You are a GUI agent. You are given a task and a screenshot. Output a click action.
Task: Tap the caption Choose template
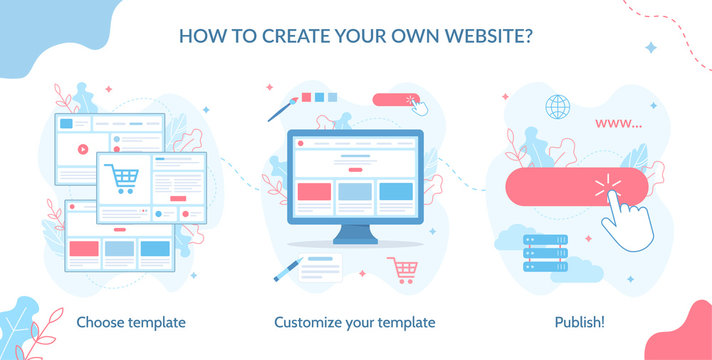(x=131, y=322)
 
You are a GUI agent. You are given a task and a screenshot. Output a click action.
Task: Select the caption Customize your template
(x=355, y=322)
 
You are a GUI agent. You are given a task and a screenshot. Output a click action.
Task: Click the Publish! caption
(x=580, y=322)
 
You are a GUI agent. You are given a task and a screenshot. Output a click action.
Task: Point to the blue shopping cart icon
(x=122, y=179)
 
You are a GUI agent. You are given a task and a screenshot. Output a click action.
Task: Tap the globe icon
(x=556, y=106)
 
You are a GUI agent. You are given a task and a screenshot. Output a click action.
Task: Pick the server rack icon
(x=546, y=254)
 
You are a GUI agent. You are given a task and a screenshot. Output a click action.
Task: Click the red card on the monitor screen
(x=314, y=191)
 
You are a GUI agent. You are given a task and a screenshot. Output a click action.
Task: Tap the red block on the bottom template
(x=84, y=248)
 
